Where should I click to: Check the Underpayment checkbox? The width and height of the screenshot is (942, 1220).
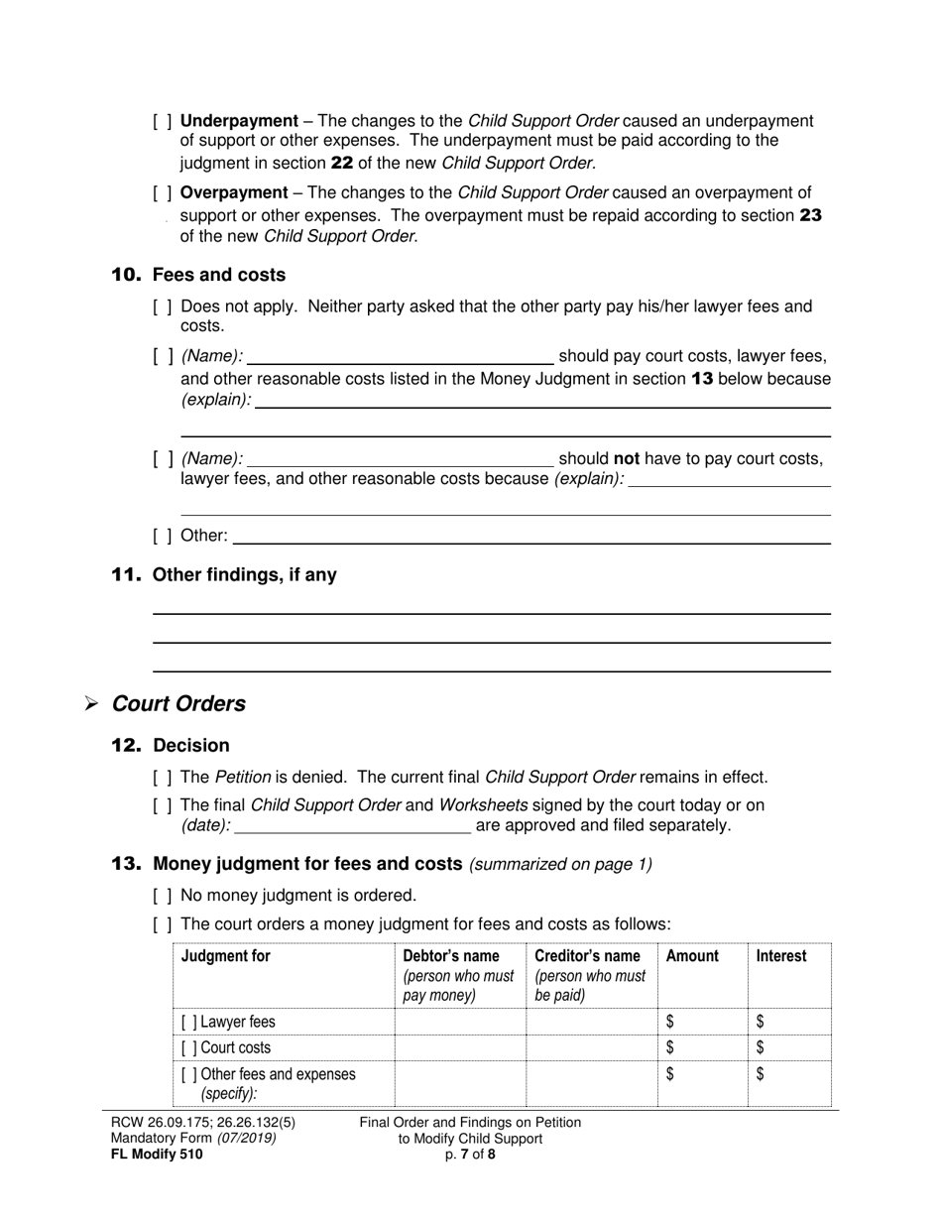pos(163,121)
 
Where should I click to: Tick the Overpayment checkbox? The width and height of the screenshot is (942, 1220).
pos(163,192)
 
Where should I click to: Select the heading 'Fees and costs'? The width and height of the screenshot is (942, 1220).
pos(219,275)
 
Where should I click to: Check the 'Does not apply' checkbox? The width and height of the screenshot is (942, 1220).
pos(163,306)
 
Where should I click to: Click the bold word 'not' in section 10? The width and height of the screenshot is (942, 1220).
pos(627,458)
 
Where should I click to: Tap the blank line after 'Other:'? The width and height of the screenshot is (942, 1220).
pos(531,536)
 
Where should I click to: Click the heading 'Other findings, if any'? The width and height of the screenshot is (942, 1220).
pos(244,574)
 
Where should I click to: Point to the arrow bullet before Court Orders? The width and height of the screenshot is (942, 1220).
pos(91,704)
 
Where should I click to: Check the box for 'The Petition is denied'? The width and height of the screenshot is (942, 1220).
pos(163,778)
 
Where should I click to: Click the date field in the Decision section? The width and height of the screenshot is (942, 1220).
pos(353,825)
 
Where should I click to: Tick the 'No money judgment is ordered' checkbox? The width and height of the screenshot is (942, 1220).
pos(163,895)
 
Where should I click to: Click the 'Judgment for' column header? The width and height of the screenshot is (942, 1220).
pos(225,956)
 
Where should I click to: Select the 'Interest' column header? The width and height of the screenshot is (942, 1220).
pos(781,956)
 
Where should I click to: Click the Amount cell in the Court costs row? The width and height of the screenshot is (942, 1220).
pos(703,1047)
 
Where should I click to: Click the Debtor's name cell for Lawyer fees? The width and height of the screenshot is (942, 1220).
pos(460,1022)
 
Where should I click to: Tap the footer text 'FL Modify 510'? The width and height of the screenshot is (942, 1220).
pos(157,1154)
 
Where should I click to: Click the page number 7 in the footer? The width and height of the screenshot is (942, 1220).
pos(463,1154)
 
